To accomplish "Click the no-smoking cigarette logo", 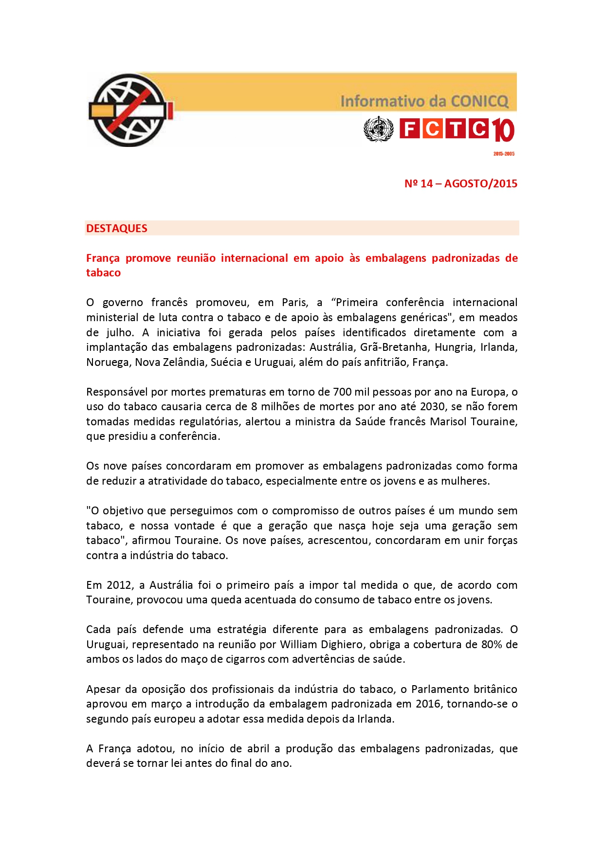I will point(130,110).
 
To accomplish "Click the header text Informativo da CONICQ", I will point(424,101).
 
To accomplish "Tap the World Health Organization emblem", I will point(378,129).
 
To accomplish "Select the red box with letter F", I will point(409,129).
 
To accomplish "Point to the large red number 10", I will point(503,130).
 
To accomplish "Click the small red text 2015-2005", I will point(504,154).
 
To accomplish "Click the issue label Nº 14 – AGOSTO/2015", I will point(460,184).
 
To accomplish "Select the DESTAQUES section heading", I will point(117,228).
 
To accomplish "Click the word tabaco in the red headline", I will point(103,273).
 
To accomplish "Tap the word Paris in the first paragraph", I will point(294,303).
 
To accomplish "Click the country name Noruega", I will point(108,363).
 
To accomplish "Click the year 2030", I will point(432,407).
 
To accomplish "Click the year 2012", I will point(119,585).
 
